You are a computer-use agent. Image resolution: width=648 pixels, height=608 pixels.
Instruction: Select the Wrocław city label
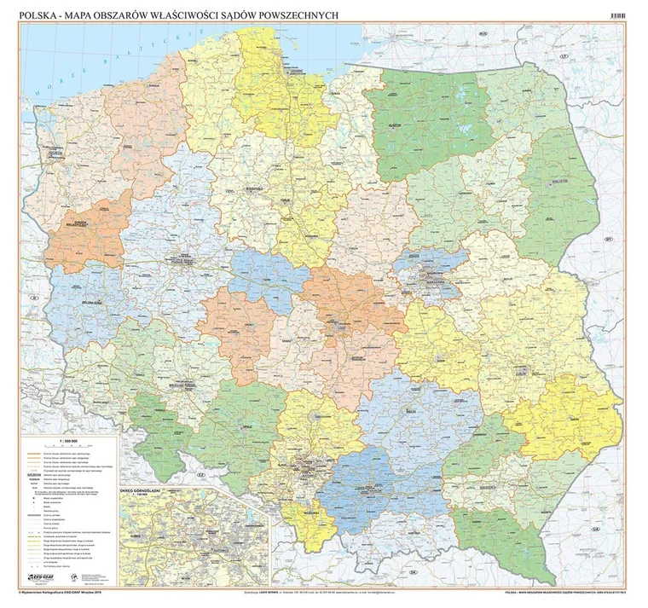180,385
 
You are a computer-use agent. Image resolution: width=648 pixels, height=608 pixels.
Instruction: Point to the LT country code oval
562,55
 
